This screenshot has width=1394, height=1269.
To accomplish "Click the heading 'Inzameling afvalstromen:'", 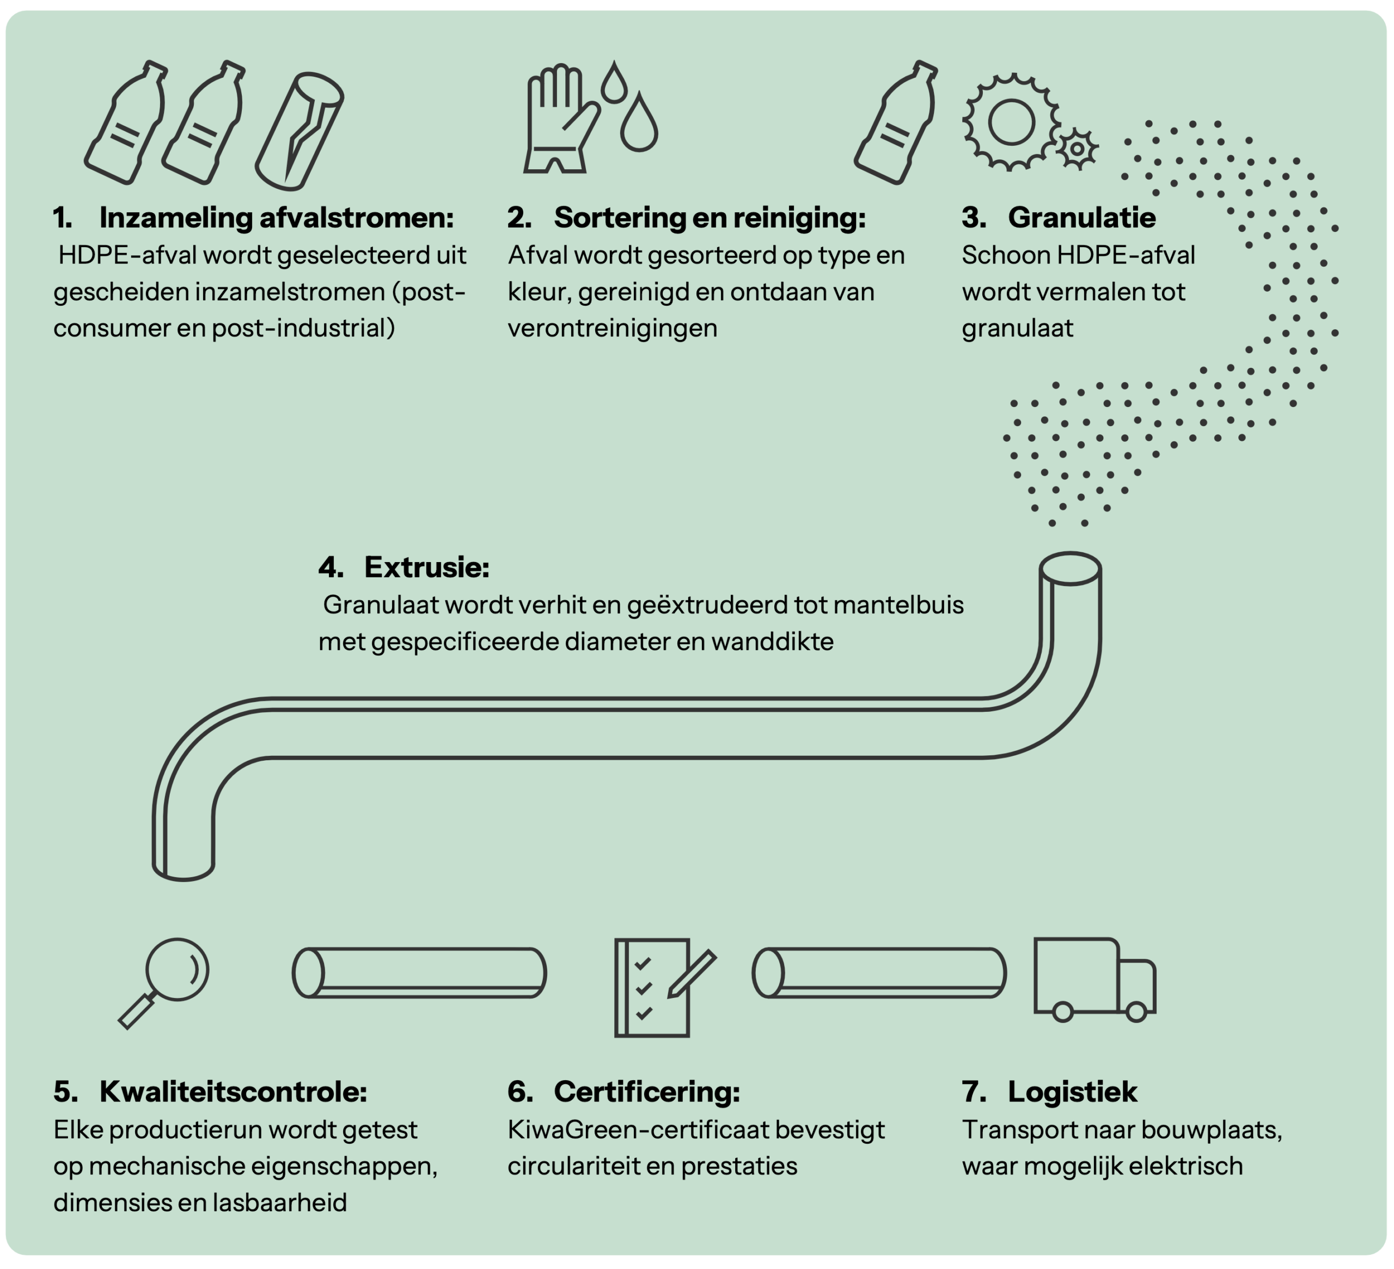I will (276, 218).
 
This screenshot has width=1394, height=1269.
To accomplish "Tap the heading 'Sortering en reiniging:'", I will (710, 218).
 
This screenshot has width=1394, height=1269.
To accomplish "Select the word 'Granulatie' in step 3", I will (1081, 218).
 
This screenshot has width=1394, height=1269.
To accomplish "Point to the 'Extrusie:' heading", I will (426, 568).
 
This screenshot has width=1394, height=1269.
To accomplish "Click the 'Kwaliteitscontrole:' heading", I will (233, 1092).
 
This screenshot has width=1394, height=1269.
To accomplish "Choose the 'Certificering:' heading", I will (646, 1092).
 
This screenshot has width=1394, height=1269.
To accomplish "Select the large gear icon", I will (1011, 122).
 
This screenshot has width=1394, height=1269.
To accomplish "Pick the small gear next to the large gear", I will (1077, 149).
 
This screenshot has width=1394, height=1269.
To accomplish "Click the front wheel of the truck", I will (1136, 1012).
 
